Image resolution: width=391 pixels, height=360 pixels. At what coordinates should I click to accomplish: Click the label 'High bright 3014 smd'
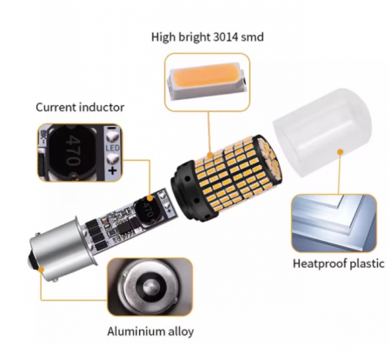(208, 37)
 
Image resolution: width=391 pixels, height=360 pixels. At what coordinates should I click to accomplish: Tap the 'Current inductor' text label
(80, 107)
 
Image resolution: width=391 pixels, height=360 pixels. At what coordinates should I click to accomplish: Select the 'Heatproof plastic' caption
(338, 263)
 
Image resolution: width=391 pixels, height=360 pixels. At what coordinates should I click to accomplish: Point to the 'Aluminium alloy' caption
(150, 331)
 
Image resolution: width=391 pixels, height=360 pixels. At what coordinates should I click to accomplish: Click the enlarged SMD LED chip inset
(207, 82)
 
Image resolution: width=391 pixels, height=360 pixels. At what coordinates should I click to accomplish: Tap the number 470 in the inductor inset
(72, 150)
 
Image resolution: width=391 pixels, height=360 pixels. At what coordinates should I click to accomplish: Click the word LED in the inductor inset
(112, 148)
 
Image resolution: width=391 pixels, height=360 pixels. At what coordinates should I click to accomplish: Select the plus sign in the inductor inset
(112, 170)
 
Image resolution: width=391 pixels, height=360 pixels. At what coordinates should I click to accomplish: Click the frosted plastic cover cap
(322, 132)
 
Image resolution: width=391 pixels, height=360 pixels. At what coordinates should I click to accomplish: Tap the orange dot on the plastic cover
(341, 151)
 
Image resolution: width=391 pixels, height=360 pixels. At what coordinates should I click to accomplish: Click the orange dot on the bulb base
(41, 270)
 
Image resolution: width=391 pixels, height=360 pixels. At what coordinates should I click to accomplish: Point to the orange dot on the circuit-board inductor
(149, 198)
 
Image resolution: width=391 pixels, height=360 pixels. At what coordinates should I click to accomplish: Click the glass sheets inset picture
(334, 223)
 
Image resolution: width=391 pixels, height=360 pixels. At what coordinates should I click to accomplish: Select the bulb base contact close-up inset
(149, 287)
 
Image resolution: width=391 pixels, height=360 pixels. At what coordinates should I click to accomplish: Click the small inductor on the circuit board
(145, 210)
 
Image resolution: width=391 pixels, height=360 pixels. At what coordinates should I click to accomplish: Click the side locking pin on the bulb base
(55, 280)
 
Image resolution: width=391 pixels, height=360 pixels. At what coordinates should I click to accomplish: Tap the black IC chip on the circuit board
(124, 229)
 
